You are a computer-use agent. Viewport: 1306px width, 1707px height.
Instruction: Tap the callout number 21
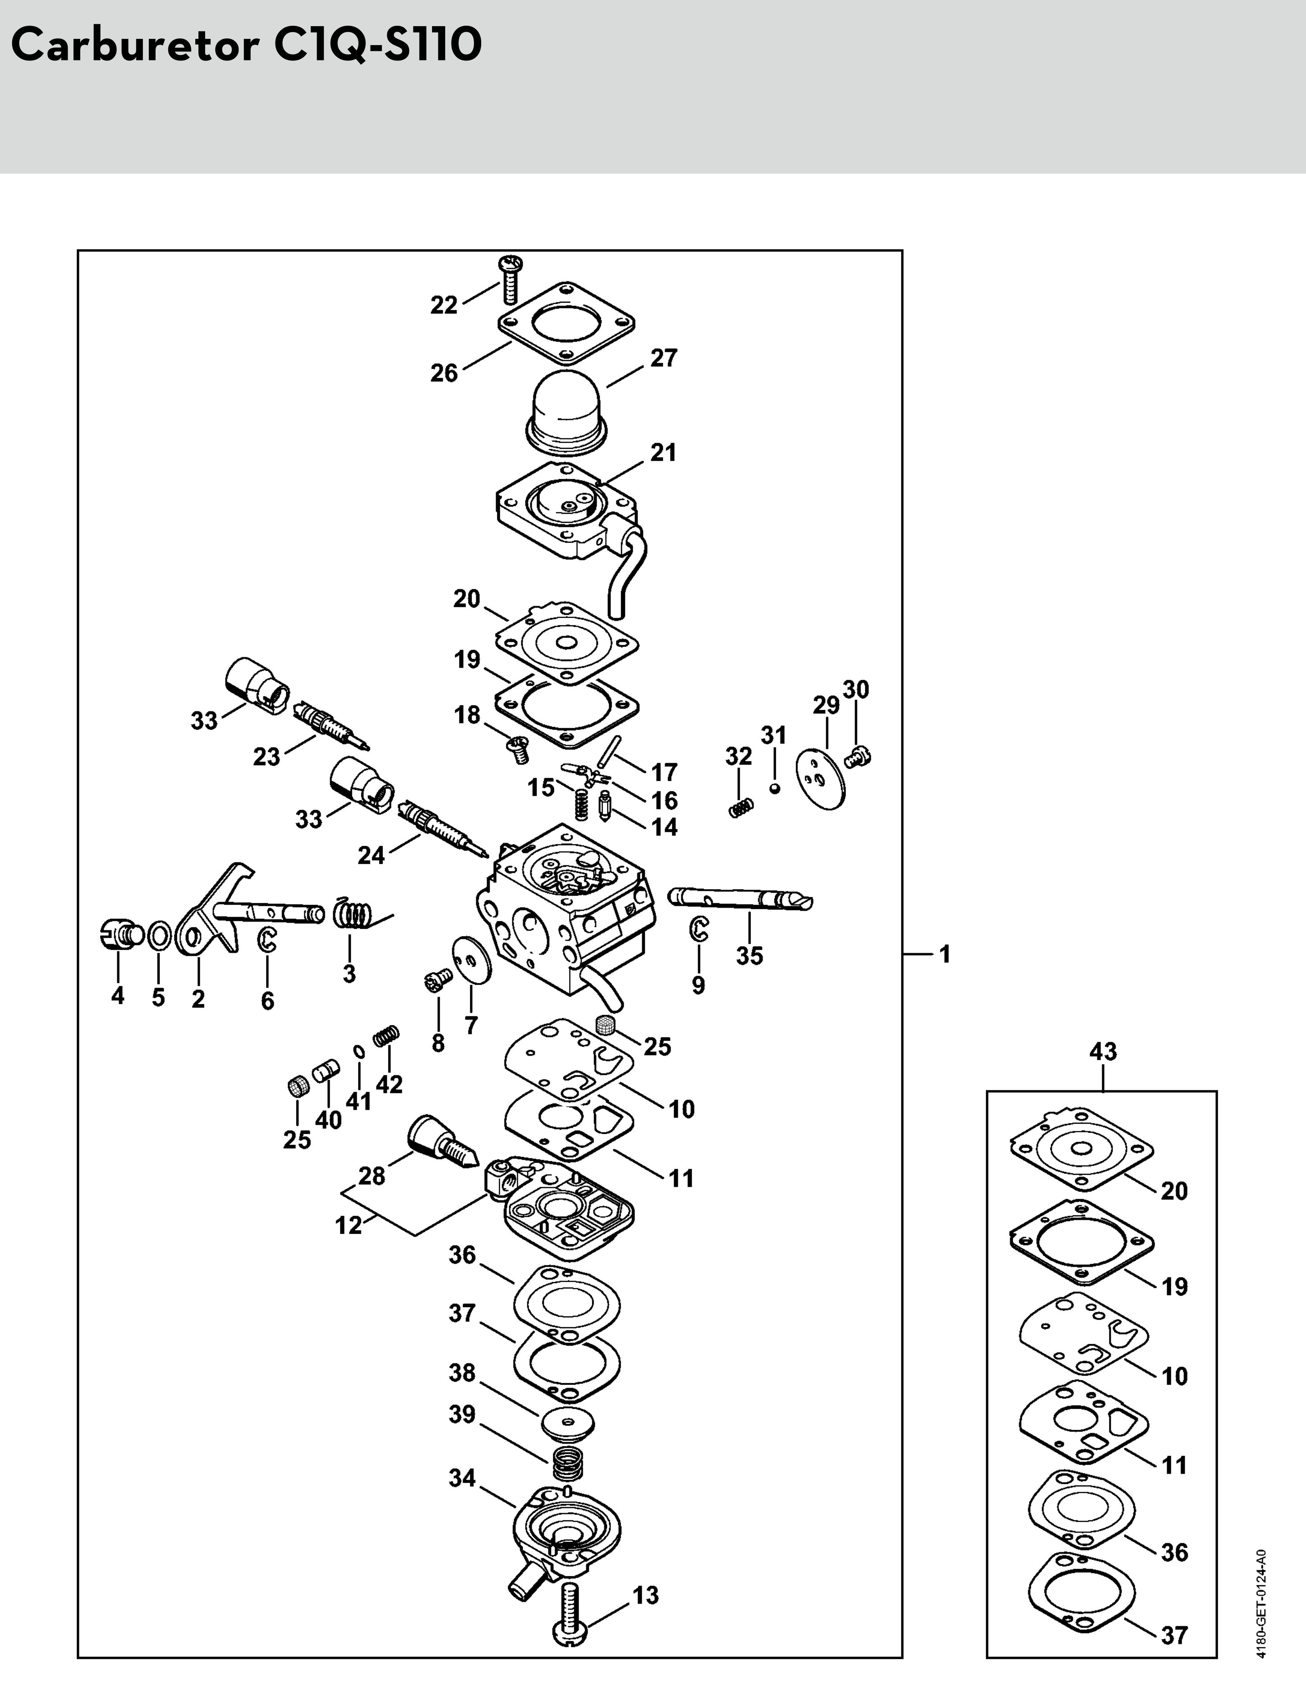[x=663, y=452]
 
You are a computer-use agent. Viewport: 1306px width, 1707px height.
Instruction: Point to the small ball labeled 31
[x=773, y=788]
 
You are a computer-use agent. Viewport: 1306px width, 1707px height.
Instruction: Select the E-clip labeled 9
[x=699, y=929]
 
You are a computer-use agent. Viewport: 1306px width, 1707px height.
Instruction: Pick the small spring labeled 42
[x=386, y=1037]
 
